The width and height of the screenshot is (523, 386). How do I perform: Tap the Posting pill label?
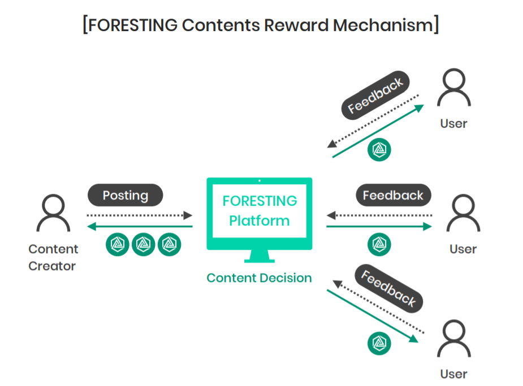coord(125,196)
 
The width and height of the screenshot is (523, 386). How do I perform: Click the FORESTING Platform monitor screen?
coord(260,210)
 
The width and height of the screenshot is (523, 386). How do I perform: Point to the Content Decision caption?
coord(259,278)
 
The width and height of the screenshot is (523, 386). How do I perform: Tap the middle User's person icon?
coord(464,213)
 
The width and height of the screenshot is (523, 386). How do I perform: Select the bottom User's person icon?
coord(455,338)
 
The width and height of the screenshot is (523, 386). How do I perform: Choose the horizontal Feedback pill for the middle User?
coord(393,196)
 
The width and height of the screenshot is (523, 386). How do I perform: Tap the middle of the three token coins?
coord(144,244)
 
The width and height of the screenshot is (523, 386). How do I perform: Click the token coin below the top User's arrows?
coord(379,149)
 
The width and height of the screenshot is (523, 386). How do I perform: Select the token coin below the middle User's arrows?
coord(379,244)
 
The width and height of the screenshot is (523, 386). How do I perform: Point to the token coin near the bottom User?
coord(379,344)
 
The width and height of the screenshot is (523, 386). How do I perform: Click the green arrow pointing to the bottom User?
coord(373,316)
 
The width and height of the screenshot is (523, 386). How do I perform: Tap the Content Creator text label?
coord(53,257)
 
